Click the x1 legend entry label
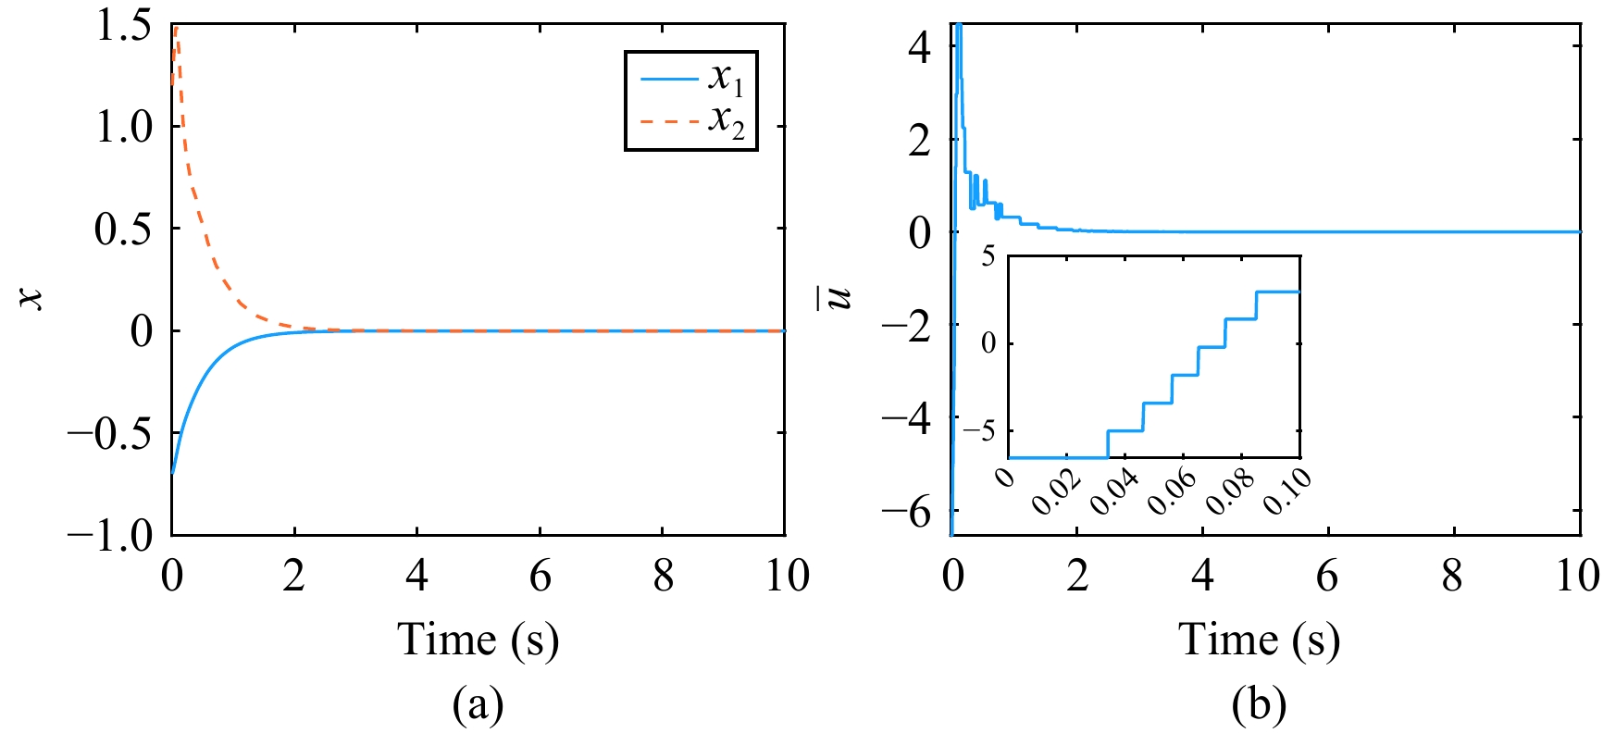(726, 80)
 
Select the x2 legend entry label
(726, 122)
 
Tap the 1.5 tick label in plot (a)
(124, 25)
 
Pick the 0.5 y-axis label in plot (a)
(124, 229)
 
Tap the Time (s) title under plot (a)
(478, 640)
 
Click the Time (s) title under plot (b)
(1259, 640)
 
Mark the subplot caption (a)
(478, 705)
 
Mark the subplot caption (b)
(1259, 705)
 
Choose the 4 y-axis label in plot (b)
(919, 46)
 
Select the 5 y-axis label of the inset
(988, 256)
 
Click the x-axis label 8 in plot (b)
(1452, 576)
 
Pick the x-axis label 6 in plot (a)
(541, 576)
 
